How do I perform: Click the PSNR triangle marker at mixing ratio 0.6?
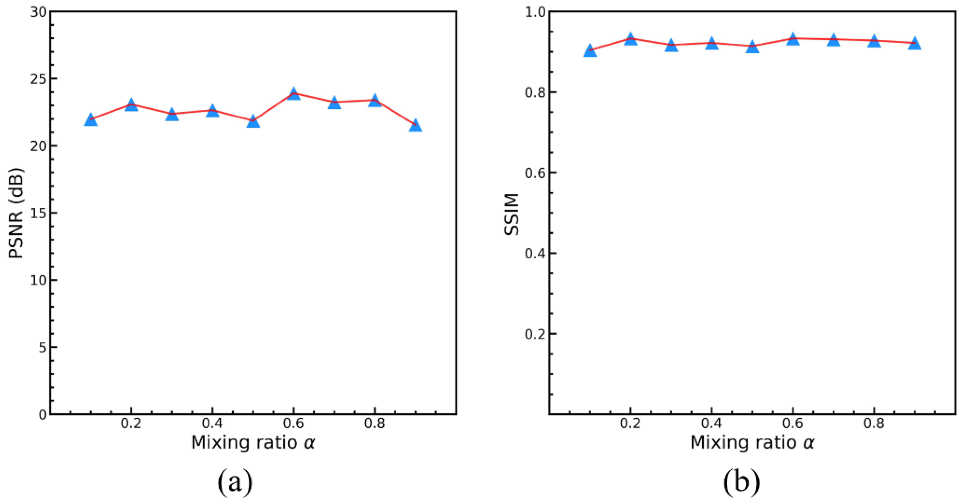[x=294, y=94]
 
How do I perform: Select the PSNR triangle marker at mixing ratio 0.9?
[x=415, y=126]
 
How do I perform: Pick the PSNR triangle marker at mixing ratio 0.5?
[x=253, y=121]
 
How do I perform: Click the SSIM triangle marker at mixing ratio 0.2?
[x=631, y=39]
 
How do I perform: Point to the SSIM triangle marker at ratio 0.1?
[x=590, y=51]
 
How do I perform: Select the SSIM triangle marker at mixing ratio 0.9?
[x=914, y=43]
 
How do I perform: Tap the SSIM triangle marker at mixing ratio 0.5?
[x=752, y=47]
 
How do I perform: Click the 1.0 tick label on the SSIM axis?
[x=535, y=12]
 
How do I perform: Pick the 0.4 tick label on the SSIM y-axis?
[x=535, y=253]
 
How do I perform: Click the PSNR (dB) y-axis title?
[x=16, y=213]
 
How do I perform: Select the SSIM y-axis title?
[x=512, y=214]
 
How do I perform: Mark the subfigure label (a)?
[x=235, y=483]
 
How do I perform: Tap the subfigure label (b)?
[x=742, y=483]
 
